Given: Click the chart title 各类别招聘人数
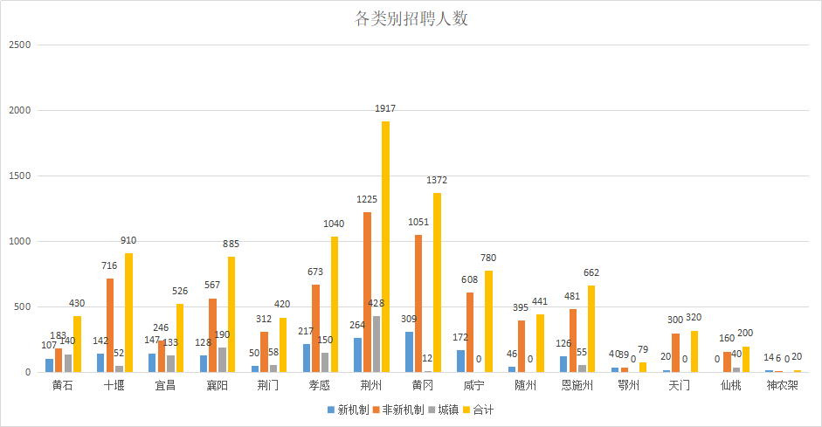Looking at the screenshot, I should point(411,19).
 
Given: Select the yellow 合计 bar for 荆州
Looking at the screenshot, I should point(385,247).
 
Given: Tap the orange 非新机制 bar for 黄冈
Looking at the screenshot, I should point(418,304).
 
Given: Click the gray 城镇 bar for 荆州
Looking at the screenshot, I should point(376,344).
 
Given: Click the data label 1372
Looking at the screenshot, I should point(437,180).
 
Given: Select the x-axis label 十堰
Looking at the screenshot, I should point(114,385).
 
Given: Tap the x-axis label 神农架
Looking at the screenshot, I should point(782,385).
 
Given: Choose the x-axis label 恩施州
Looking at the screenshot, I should point(576,385).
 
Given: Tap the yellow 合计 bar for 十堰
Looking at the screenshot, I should point(128,313).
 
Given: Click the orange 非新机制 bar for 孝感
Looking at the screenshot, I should point(315,328).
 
